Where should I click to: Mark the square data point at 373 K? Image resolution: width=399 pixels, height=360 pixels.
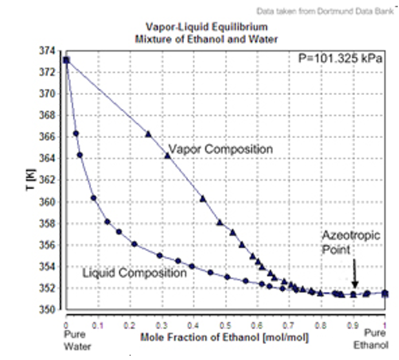[66, 60]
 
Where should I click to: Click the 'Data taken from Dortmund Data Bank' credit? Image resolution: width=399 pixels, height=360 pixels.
[330, 11]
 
